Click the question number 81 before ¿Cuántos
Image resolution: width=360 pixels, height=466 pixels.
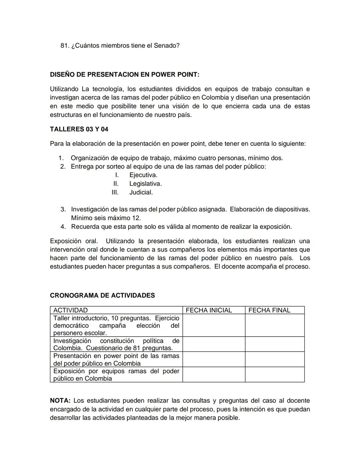point(64,46)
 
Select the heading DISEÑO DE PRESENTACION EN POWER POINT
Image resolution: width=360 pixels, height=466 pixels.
point(124,74)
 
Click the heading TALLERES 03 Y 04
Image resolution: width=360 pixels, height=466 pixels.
point(79,129)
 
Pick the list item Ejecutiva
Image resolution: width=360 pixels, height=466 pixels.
point(143,175)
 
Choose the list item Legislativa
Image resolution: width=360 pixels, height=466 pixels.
point(145,184)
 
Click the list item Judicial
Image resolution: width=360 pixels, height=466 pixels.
point(141,192)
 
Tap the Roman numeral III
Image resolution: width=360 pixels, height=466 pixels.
point(115,192)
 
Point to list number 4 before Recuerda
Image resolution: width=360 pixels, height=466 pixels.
point(63,227)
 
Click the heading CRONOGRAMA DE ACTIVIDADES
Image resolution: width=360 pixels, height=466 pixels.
point(102,296)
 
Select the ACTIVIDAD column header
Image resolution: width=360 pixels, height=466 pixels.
point(70,310)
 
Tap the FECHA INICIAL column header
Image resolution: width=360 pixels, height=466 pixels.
point(209,310)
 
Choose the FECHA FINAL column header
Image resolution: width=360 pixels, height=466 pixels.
point(269,310)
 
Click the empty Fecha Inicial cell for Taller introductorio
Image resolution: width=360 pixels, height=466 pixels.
point(214,325)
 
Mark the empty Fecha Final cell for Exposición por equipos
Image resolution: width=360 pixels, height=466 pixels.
point(275,375)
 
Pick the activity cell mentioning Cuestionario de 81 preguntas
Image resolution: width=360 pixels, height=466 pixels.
point(116,344)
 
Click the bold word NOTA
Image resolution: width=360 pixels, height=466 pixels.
point(60,401)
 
